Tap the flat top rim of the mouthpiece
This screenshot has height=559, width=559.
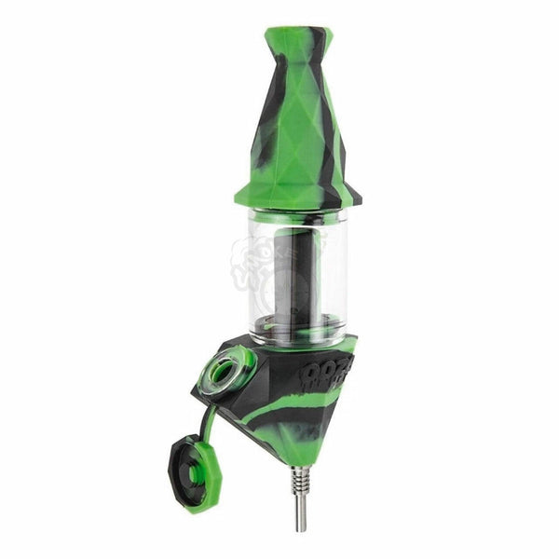[293, 34]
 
